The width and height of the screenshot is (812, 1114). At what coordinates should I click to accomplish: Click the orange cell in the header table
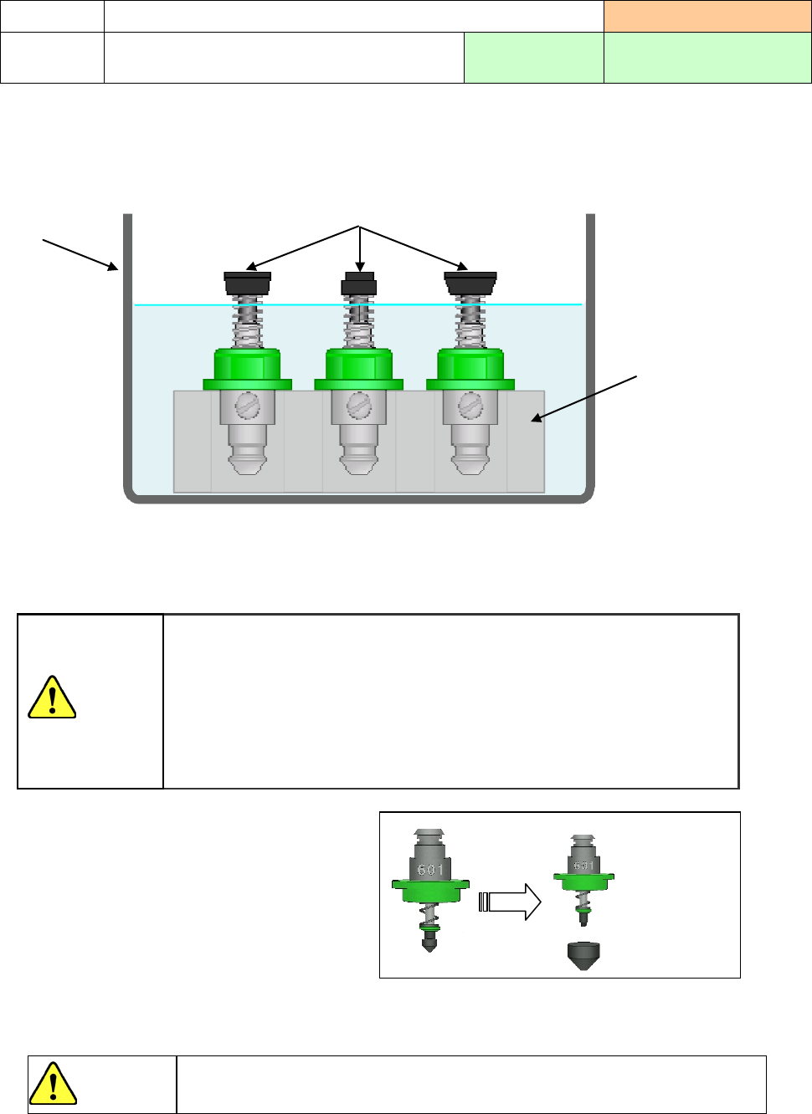pyautogui.click(x=707, y=17)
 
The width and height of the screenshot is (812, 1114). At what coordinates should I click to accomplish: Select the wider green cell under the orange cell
pyautogui.click(x=707, y=58)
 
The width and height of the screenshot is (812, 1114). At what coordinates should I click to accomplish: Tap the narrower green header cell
pyautogui.click(x=534, y=58)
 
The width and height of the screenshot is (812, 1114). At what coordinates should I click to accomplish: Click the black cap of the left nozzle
pyautogui.click(x=247, y=283)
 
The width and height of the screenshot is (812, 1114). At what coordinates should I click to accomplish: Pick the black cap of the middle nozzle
pyautogui.click(x=359, y=284)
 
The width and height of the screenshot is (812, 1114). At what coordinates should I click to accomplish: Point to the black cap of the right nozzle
pyautogui.click(x=470, y=283)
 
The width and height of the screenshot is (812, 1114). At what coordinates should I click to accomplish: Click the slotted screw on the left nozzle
pyautogui.click(x=248, y=406)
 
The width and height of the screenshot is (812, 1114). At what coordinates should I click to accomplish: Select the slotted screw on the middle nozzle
pyautogui.click(x=359, y=406)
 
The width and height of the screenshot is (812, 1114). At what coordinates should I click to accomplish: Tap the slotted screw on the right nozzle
pyautogui.click(x=470, y=406)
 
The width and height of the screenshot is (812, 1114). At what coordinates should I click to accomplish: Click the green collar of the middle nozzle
pyautogui.click(x=359, y=369)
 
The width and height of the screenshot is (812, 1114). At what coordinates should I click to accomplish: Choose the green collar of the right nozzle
pyautogui.click(x=470, y=369)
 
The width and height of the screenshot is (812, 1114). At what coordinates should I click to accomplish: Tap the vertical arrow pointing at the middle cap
pyautogui.click(x=360, y=248)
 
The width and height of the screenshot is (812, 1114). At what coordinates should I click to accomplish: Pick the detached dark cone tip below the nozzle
pyautogui.click(x=584, y=955)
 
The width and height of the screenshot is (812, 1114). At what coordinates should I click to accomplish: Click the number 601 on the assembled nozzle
pyautogui.click(x=430, y=870)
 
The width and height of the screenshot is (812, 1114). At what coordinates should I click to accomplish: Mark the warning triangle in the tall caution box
pyautogui.click(x=52, y=698)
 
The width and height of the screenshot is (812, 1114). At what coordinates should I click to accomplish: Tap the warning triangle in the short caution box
pyautogui.click(x=53, y=1084)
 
